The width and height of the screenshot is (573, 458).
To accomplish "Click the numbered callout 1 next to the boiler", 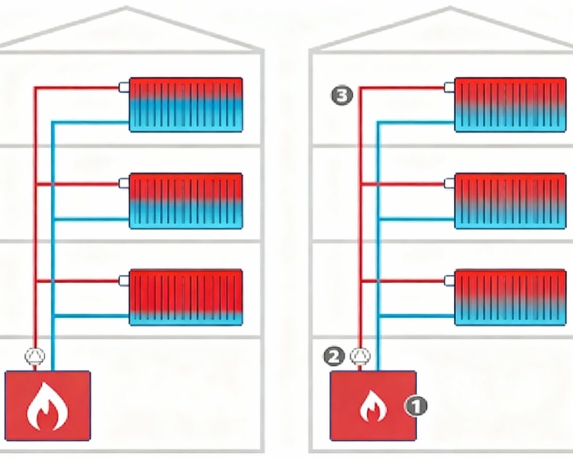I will [416, 406].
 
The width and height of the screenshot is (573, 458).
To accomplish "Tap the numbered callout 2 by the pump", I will [335, 357].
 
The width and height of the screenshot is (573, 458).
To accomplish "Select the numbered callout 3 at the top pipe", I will [342, 96].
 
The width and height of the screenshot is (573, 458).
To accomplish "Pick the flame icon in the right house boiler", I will [373, 406].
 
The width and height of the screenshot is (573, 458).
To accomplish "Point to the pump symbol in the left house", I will [34, 357].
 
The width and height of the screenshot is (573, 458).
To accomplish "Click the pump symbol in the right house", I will [361, 357].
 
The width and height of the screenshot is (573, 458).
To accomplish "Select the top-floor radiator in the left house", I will [186, 105].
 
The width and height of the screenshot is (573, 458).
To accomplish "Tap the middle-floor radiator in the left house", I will [186, 200].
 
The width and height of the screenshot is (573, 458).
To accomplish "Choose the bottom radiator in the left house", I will [186, 297].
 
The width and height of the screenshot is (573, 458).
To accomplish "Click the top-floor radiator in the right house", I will [511, 105].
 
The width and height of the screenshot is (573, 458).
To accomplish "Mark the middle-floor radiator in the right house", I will [511, 200].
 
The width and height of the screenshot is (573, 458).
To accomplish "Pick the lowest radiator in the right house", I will [511, 297].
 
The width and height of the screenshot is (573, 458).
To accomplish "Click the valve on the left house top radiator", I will [124, 88].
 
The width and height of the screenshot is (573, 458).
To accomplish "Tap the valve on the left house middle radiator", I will [124, 184].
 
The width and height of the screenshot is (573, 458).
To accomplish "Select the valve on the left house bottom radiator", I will [124, 280].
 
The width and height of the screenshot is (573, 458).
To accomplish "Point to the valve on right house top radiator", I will [449, 88].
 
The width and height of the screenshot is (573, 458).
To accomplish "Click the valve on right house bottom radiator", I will [449, 280].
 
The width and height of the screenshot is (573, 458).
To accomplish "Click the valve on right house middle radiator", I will [449, 184].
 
